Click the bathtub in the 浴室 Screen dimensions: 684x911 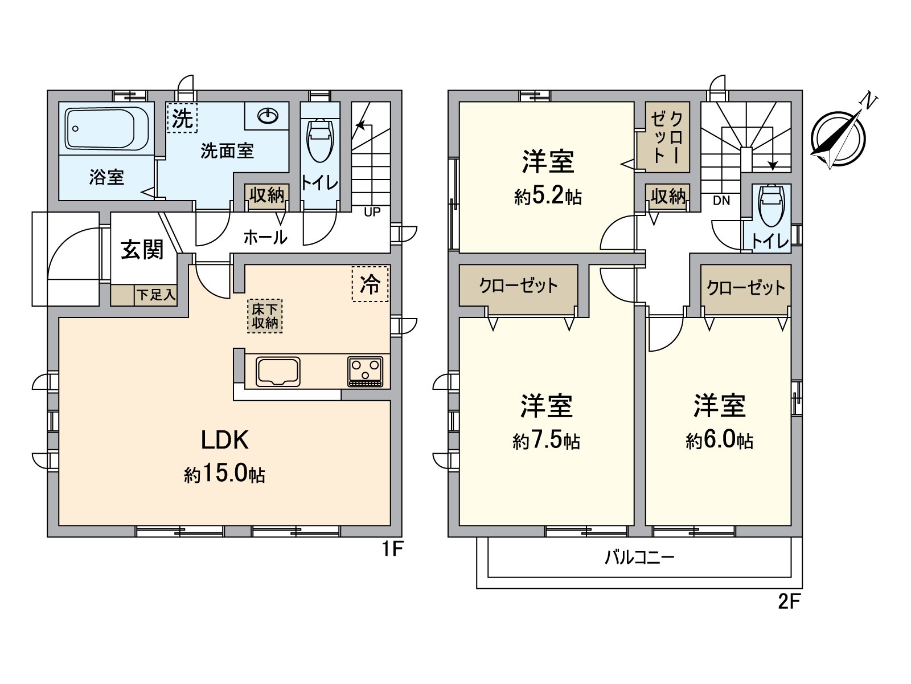107,129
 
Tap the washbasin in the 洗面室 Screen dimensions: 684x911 268,116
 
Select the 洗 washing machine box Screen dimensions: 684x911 182,118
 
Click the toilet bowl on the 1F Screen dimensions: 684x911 319,140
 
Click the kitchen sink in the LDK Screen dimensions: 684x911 278,372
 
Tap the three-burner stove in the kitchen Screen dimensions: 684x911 366,371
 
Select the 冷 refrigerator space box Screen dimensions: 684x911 370,284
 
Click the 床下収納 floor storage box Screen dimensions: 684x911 265,316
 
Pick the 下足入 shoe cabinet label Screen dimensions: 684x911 155,295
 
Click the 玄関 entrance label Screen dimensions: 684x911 142,250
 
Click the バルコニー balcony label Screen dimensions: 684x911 639,557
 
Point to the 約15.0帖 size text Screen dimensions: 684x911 224,474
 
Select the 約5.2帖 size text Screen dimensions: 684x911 548,197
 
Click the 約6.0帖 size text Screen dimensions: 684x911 720,441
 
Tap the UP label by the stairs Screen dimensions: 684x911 372,212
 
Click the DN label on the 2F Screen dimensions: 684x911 721,201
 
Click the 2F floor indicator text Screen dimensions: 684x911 789,602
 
